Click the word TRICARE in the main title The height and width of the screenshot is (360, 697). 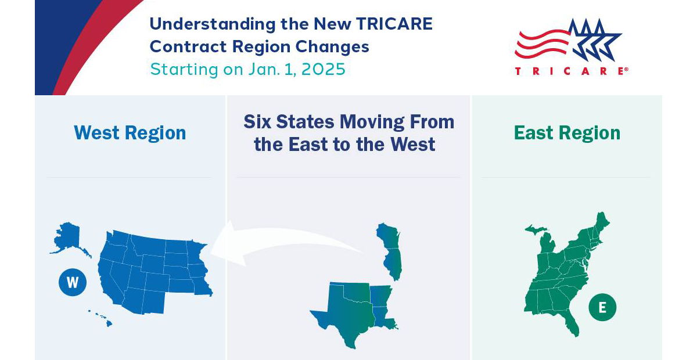pos(394,24)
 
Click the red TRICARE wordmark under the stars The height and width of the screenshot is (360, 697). pos(572,71)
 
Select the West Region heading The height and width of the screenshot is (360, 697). pos(130,133)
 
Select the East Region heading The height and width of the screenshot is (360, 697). pos(567,133)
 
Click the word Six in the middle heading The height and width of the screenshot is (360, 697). pos(257,122)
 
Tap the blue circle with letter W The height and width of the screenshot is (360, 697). pos(73,282)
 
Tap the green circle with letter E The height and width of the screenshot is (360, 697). pos(602,307)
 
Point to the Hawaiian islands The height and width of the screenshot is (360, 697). pos(100,318)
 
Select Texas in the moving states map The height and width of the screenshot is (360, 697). pos(346,314)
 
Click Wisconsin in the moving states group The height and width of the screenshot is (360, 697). pos(388,236)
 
